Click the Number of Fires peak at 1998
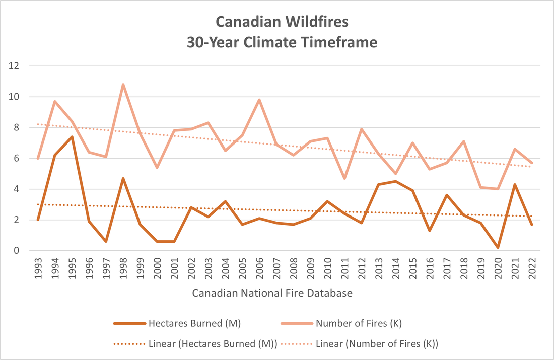click(x=123, y=84)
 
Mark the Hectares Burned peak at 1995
click(x=72, y=136)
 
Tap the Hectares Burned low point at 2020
click(x=498, y=248)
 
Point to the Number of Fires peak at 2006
click(x=259, y=100)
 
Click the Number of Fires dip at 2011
click(x=344, y=178)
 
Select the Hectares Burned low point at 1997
click(x=106, y=242)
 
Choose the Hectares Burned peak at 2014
click(x=395, y=181)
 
